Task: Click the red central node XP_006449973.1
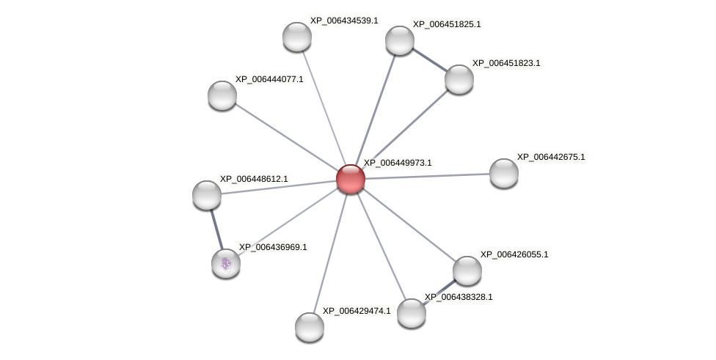350,179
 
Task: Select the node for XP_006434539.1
297,37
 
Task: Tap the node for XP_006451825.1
400,40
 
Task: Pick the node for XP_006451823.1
459,79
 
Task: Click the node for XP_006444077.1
222,95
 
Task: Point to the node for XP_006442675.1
504,173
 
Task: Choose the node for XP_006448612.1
207,195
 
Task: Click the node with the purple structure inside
226,263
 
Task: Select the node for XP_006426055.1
467,271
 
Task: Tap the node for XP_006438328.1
412,313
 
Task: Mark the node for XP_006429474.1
310,327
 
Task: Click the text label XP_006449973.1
398,163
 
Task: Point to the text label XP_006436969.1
273,247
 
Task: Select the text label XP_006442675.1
551,157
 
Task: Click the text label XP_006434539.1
344,21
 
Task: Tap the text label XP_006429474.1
357,311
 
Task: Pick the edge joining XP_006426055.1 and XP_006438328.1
439,292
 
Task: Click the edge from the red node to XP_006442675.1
427,176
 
